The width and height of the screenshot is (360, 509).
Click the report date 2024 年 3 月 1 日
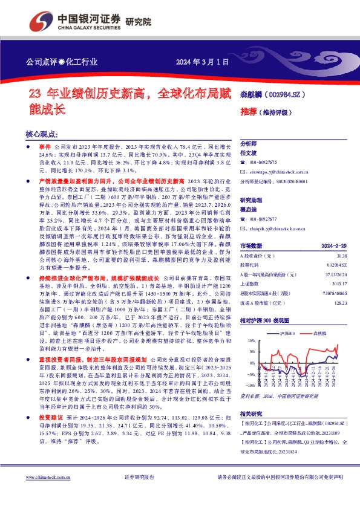click(203, 62)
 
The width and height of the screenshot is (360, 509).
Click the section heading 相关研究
click(252, 413)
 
